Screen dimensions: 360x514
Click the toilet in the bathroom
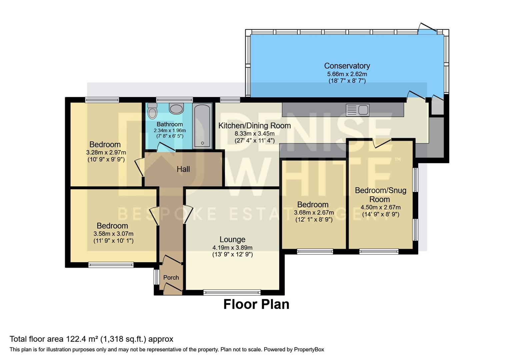[152, 111]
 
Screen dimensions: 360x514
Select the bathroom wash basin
[176, 109]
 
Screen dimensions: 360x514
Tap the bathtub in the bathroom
[202, 126]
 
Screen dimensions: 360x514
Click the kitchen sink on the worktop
[357, 110]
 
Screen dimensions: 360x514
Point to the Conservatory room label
[347, 66]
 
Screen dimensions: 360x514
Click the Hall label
[183, 169]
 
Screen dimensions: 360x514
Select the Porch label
[171, 277]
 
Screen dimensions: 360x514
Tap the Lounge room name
[232, 239]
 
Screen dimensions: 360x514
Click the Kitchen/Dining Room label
[254, 126]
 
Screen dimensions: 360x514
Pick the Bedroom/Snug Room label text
[380, 195]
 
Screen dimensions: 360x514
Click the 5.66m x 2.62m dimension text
[347, 74]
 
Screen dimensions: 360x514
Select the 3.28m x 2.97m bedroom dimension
[106, 152]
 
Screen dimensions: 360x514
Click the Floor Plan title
[256, 304]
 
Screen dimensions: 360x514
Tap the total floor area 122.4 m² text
[91, 339]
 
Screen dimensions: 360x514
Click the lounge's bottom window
[232, 293]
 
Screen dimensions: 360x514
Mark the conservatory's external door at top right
[428, 28]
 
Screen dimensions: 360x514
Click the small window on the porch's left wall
[155, 277]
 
